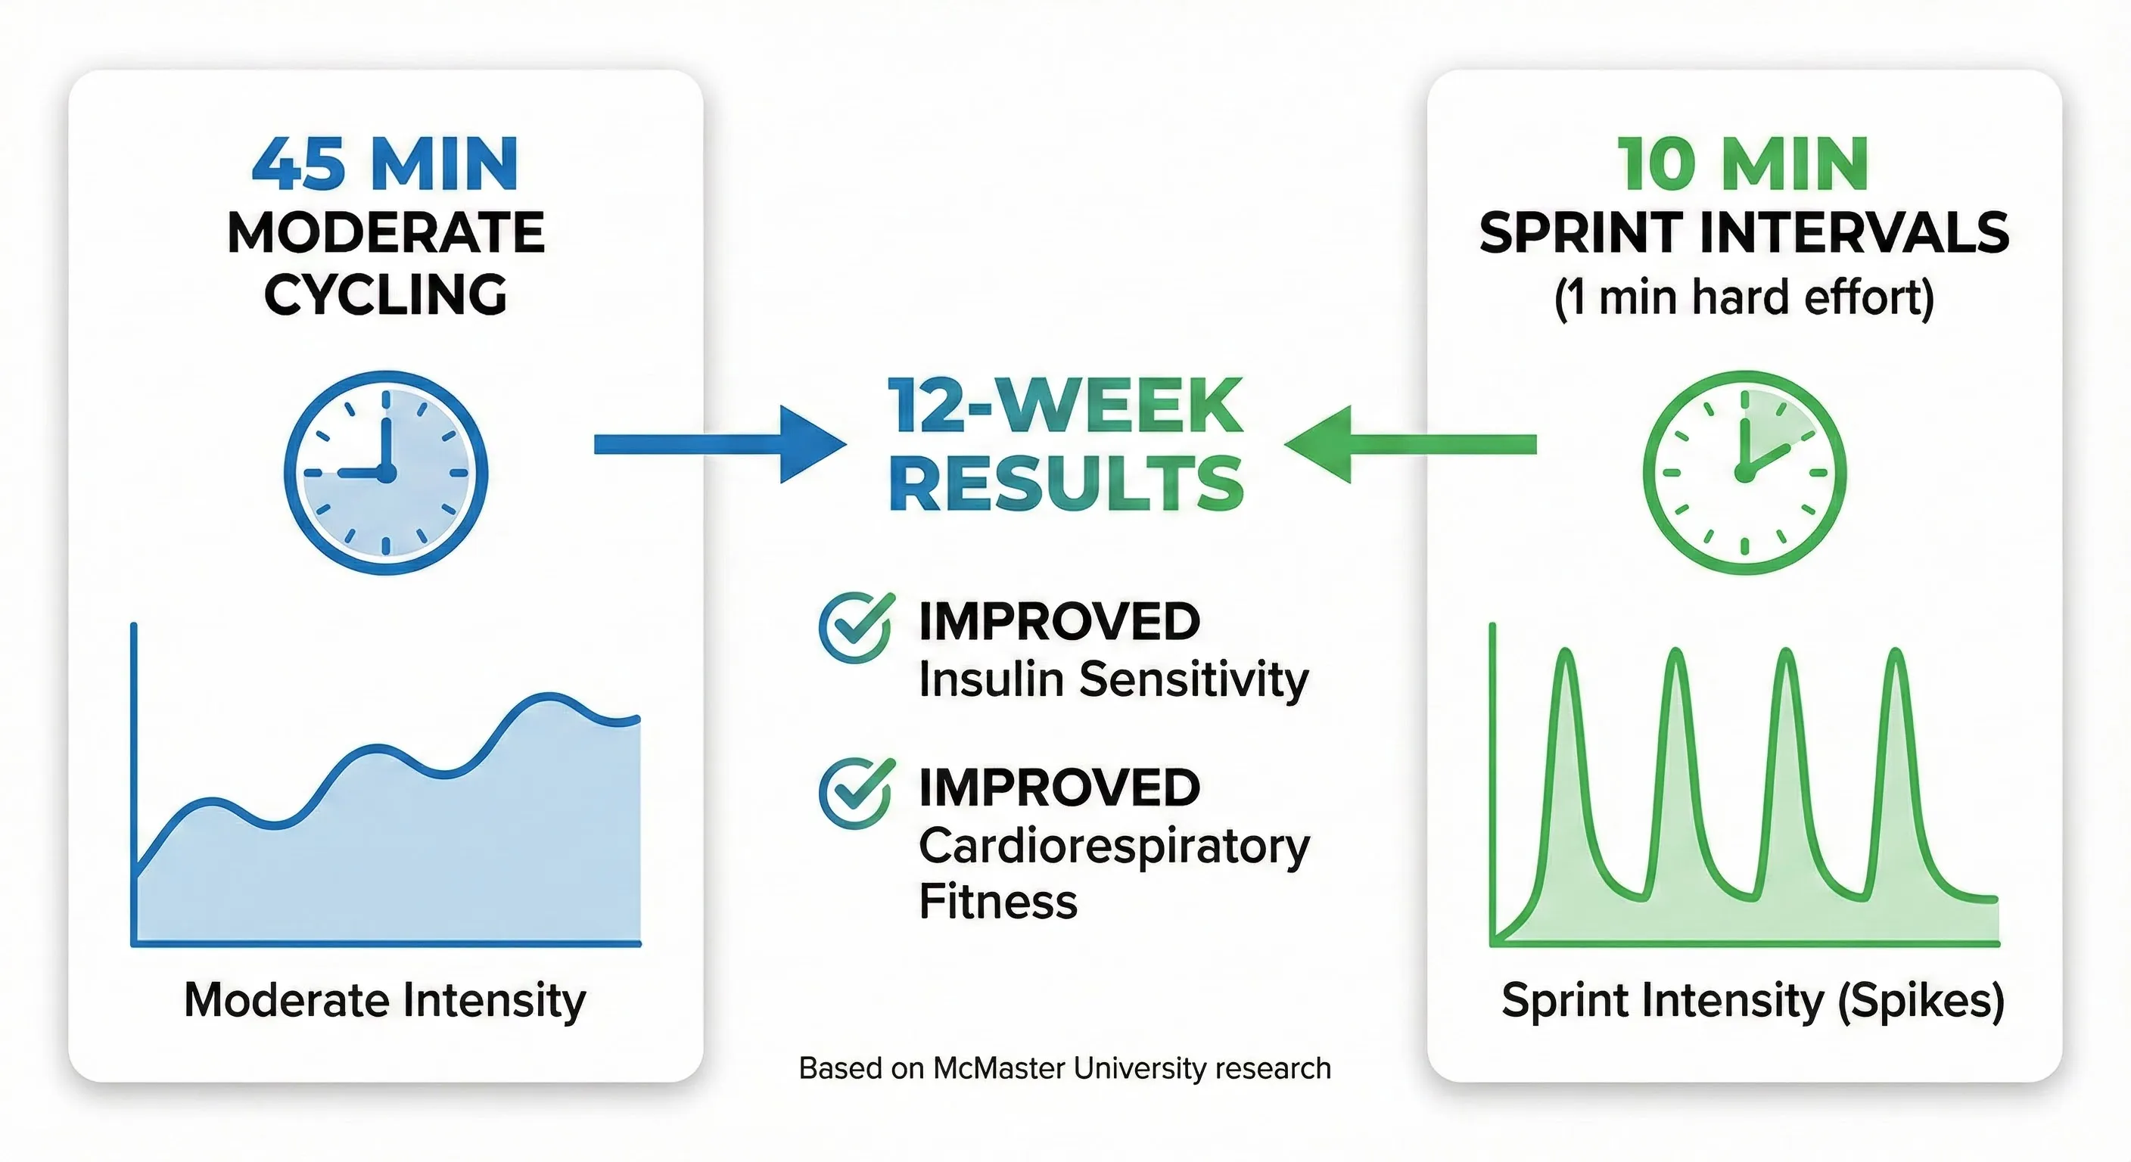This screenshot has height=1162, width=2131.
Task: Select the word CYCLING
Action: tap(384, 295)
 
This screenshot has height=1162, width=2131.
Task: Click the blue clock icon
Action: tap(385, 472)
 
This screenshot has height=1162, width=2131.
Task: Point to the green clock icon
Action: tap(1744, 472)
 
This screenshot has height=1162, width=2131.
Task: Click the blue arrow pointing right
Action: tap(720, 444)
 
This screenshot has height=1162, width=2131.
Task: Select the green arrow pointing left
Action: tap(1411, 444)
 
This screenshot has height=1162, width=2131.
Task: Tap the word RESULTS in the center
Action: tap(1066, 485)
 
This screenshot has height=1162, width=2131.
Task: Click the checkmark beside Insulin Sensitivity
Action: tap(855, 627)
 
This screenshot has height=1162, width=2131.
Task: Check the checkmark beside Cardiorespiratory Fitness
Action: tap(855, 792)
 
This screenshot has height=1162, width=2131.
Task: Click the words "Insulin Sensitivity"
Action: tap(1113, 680)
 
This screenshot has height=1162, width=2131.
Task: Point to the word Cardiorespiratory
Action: tap(1113, 847)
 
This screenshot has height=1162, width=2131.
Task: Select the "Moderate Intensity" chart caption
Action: tap(384, 1000)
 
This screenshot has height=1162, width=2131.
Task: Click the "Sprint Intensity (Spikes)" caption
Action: tap(1752, 1000)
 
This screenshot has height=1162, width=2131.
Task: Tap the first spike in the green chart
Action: tap(1565, 662)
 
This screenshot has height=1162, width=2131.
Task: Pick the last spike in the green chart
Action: tap(1894, 662)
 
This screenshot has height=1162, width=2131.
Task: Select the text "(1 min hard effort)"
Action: tap(1744, 298)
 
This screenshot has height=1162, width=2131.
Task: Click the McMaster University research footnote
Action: tap(1065, 1068)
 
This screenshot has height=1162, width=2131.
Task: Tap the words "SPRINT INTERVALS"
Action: tap(1744, 233)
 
